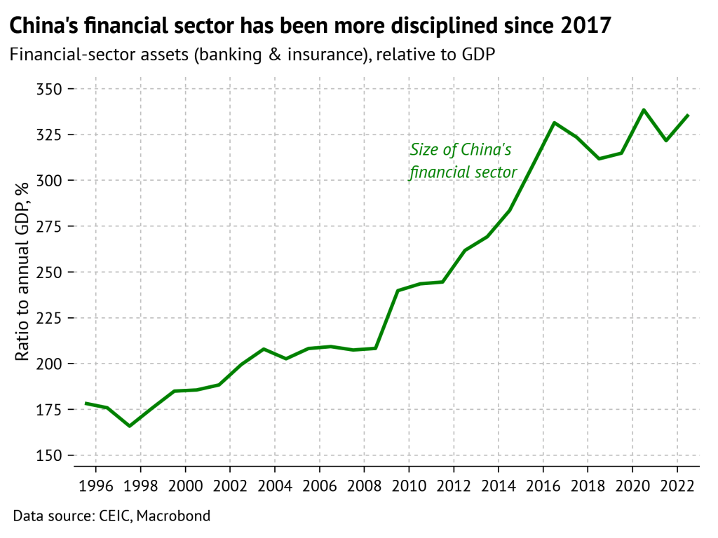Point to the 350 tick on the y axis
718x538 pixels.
(x=48, y=89)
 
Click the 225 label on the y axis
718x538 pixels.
(x=48, y=318)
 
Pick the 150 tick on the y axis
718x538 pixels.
(x=48, y=455)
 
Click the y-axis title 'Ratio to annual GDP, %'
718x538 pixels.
(x=22, y=272)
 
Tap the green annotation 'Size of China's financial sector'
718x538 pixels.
(x=463, y=161)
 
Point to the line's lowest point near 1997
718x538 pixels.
(x=129, y=426)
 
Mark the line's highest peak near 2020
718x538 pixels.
(x=644, y=110)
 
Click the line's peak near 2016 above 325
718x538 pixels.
(x=554, y=123)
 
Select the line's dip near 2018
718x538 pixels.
(x=599, y=158)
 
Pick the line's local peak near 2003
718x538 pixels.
(x=264, y=349)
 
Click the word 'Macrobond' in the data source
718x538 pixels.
(x=173, y=517)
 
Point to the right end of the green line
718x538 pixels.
(x=689, y=115)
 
